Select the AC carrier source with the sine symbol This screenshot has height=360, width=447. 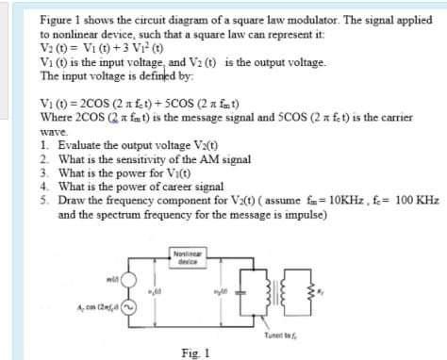(129, 306)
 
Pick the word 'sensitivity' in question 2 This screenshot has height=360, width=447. (147, 160)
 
